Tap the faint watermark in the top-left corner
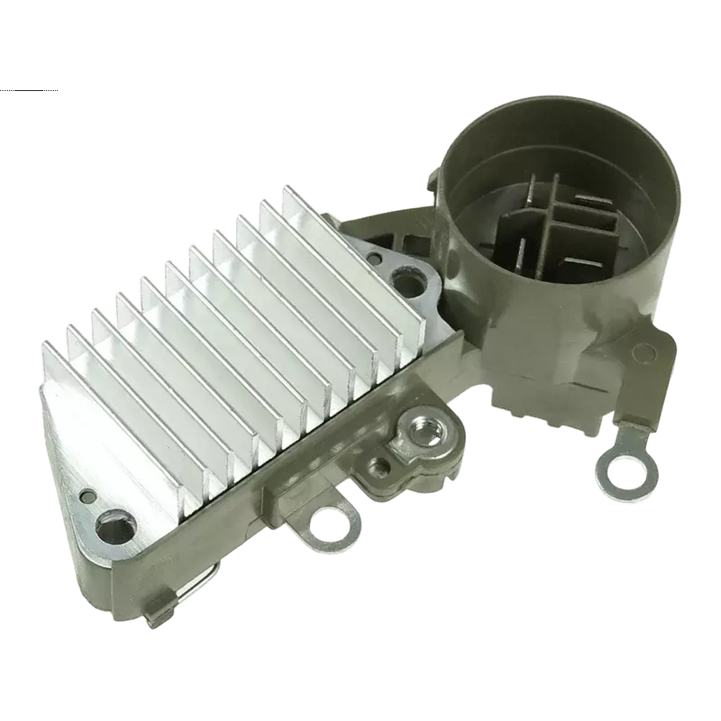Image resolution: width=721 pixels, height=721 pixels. pyautogui.click(x=27, y=91)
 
